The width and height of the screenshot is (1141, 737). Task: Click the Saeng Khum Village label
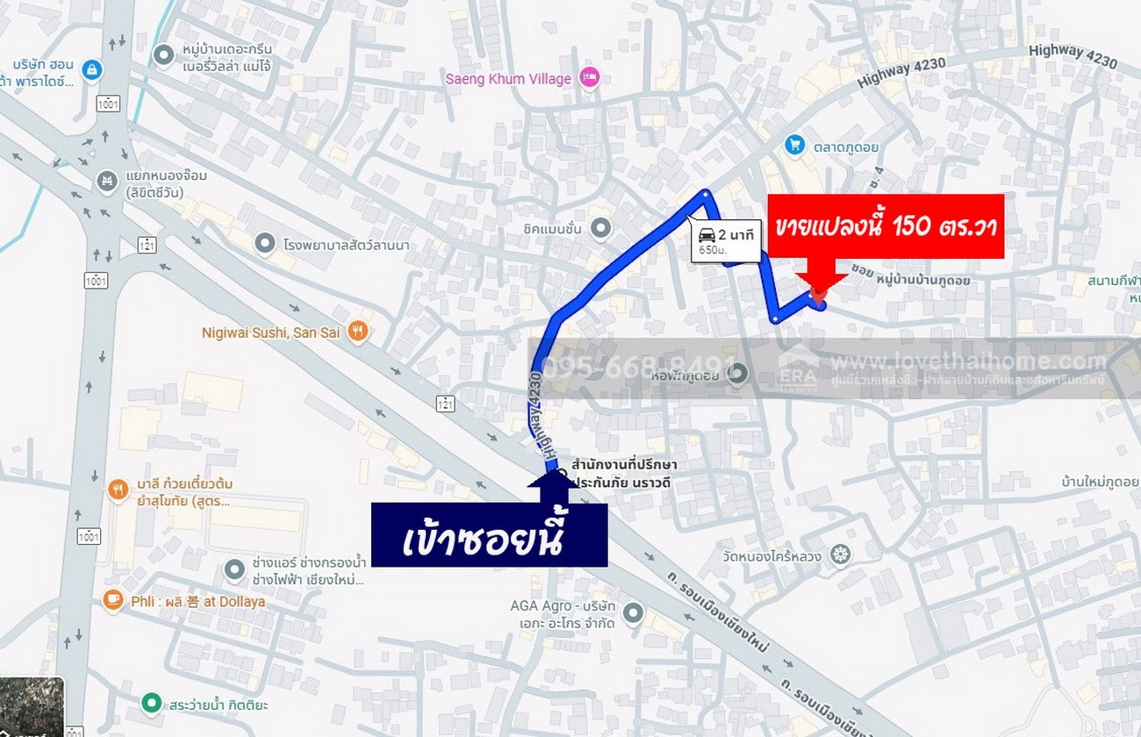[508, 79]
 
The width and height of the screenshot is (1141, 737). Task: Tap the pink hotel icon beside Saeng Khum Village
[590, 78]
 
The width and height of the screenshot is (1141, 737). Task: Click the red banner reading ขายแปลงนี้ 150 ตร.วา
[886, 226]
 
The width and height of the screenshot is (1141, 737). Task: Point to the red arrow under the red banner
[818, 290]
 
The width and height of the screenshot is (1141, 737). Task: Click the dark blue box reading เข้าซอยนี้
[489, 534]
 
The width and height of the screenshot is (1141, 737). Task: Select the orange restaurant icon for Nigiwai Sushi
[357, 332]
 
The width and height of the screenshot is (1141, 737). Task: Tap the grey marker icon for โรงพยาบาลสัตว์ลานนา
[265, 243]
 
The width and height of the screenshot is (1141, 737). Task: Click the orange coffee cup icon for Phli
[112, 600]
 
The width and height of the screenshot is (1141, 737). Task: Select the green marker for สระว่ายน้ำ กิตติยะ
[152, 704]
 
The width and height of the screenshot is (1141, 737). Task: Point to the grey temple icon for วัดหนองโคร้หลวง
[841, 555]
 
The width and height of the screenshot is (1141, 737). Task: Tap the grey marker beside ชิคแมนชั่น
[600, 229]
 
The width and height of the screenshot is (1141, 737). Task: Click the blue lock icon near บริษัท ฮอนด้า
[91, 69]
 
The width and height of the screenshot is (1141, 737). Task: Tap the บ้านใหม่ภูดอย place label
[1100, 482]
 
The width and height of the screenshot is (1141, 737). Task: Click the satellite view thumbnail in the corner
[32, 707]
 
